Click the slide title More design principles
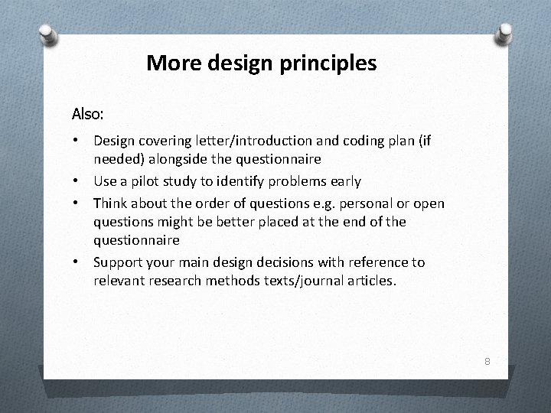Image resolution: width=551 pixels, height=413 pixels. click(x=261, y=63)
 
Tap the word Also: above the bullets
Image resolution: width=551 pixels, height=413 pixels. click(x=88, y=114)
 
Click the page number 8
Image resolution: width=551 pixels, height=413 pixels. click(x=486, y=360)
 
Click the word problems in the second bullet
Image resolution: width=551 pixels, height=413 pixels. click(x=298, y=182)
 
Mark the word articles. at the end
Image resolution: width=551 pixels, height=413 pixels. click(x=370, y=281)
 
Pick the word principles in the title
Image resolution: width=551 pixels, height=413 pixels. click(x=333, y=63)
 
